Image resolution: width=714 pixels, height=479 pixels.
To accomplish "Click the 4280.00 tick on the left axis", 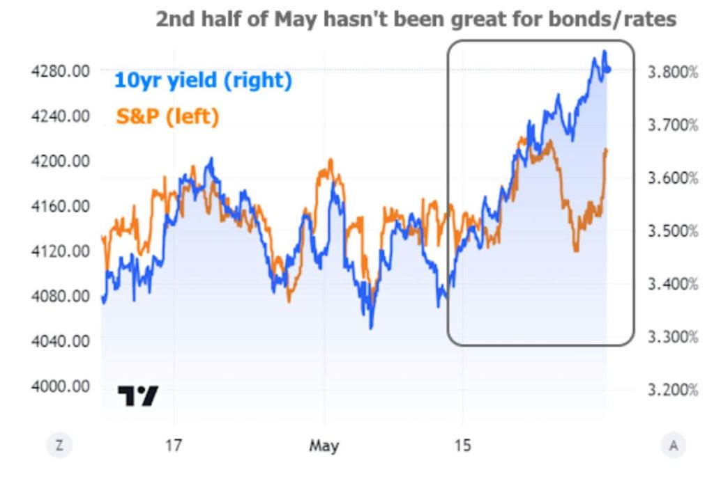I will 61,70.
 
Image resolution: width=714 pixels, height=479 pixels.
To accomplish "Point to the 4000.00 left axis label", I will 61,386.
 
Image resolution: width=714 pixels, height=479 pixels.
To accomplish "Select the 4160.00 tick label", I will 61,205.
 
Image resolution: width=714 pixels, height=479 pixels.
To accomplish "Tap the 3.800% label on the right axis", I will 673,72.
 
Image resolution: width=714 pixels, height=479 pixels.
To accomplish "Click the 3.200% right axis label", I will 673,389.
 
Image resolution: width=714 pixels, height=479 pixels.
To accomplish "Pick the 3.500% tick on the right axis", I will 673,231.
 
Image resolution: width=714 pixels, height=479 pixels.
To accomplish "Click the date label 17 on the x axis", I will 174,445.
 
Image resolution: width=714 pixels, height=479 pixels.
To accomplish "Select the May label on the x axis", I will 324,445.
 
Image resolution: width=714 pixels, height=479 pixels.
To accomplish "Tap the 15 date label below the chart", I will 462,445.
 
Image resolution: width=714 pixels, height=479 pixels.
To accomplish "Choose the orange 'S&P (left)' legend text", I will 167,116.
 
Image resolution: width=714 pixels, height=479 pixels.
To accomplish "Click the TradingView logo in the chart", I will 137,395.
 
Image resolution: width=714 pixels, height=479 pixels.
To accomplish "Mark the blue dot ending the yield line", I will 608,69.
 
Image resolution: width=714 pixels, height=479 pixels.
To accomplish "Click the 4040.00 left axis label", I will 61,340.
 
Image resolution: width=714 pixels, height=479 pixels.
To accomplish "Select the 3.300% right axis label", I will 673,337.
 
